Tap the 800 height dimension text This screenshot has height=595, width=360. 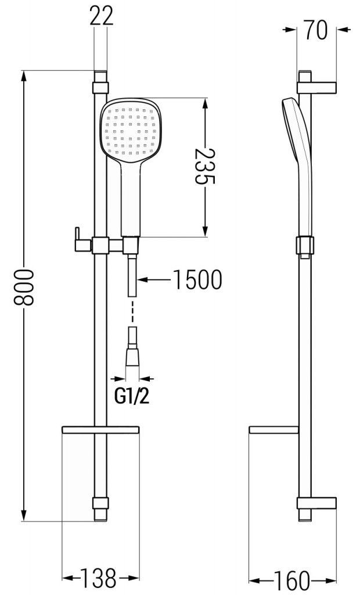[x=24, y=287]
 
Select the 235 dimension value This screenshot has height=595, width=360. [x=205, y=166]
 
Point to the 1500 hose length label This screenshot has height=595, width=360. [x=197, y=279]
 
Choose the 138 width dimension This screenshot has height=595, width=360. [x=100, y=578]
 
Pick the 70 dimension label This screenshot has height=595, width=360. [x=316, y=30]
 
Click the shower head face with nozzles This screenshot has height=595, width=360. [x=130, y=131]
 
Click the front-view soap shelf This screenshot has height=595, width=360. [x=100, y=430]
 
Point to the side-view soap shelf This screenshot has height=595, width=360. [x=273, y=430]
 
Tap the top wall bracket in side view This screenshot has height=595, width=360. [x=316, y=87]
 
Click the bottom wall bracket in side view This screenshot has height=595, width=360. [x=316, y=503]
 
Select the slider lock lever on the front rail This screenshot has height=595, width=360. [x=82, y=239]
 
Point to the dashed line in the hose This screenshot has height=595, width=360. [x=132, y=311]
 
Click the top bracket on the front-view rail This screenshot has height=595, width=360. [x=100, y=88]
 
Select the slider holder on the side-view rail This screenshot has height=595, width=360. [x=305, y=246]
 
